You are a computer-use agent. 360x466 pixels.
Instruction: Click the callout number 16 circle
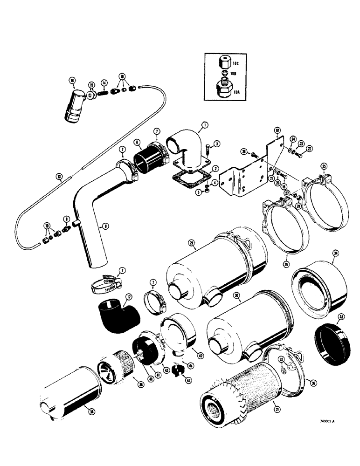tap(72, 81)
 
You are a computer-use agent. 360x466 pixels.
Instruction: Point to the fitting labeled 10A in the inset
tap(224, 89)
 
